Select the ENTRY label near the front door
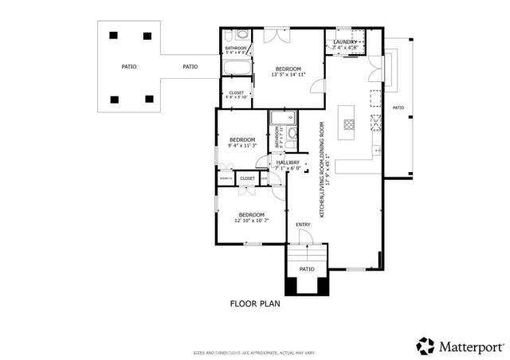point(303,225)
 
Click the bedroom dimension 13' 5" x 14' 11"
point(288,76)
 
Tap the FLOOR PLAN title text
point(255,303)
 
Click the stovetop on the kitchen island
point(348,123)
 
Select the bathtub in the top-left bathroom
point(236,67)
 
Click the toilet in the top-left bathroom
point(241,36)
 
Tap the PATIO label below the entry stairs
point(307,269)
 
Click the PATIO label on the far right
point(398,108)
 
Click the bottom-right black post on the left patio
point(149,99)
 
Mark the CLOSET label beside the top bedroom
point(236,94)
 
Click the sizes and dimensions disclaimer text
point(255,351)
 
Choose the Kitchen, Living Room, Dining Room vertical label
point(322,169)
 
